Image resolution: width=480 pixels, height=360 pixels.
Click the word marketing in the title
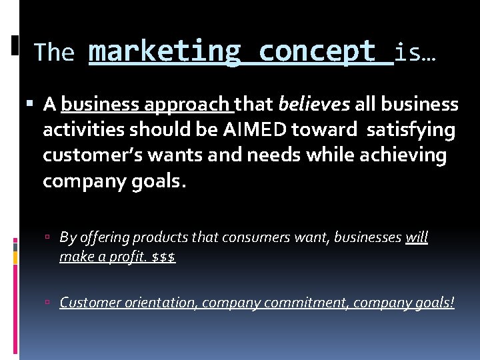164,52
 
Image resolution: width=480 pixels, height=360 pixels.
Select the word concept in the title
317,52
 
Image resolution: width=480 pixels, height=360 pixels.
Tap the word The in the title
53,53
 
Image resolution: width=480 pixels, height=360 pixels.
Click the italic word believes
313,105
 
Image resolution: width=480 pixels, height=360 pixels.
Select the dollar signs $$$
163,257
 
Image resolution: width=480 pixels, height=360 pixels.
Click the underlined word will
417,238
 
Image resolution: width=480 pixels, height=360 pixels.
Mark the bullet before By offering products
52,238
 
